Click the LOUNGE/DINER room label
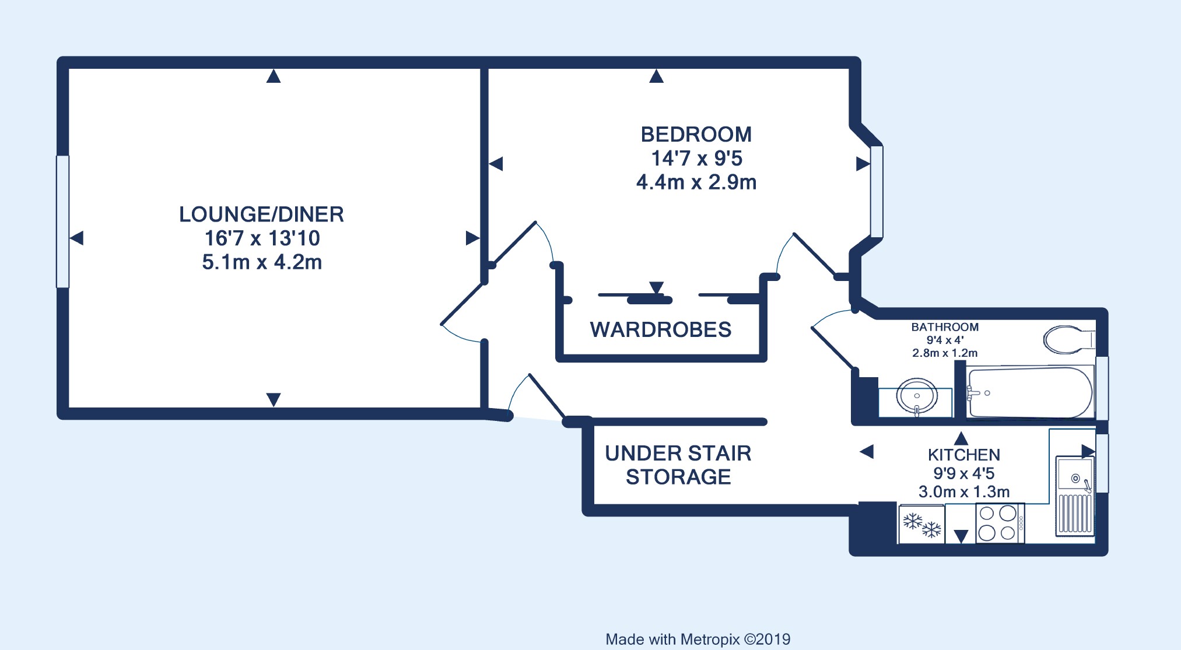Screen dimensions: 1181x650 pyautogui.click(x=261, y=215)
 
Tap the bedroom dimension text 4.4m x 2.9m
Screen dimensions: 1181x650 pyautogui.click(x=696, y=182)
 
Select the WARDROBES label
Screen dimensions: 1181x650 pyautogui.click(x=661, y=330)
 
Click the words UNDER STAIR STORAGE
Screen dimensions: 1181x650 pyautogui.click(x=678, y=465)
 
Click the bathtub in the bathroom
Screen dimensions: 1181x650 pyautogui.click(x=1030, y=392)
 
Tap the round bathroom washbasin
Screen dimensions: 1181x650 pyautogui.click(x=917, y=396)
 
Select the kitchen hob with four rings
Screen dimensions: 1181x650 pyautogui.click(x=1000, y=523)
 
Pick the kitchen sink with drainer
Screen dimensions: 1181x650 pyautogui.click(x=1074, y=496)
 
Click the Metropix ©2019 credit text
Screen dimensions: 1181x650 pyautogui.click(x=698, y=640)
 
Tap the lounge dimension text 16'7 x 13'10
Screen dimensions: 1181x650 pyautogui.click(x=262, y=238)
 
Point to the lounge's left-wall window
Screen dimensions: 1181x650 pyautogui.click(x=62, y=222)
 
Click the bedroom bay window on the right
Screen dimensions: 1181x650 pyautogui.click(x=877, y=191)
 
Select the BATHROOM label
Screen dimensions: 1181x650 pyautogui.click(x=945, y=327)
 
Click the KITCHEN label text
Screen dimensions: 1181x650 pyautogui.click(x=964, y=455)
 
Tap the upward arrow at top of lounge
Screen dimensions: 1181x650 pyautogui.click(x=274, y=76)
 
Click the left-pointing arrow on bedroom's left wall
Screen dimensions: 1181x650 pyautogui.click(x=496, y=164)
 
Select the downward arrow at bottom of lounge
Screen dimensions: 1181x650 pyautogui.click(x=274, y=400)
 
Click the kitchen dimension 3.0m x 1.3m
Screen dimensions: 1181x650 pyautogui.click(x=964, y=492)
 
